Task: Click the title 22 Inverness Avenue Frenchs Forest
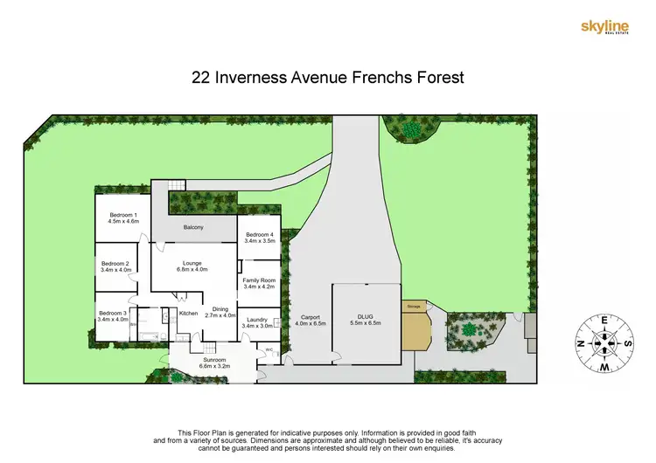click(327, 77)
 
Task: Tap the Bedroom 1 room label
click(123, 215)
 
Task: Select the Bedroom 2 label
click(115, 264)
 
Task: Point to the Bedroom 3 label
click(113, 314)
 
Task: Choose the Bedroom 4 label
click(260, 235)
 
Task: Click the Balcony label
click(193, 228)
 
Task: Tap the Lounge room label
click(192, 262)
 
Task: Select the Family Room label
click(260, 280)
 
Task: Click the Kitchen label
click(188, 314)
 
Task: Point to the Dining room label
click(220, 309)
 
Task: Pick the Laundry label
click(256, 320)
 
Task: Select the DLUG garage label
click(366, 320)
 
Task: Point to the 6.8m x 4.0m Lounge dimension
click(192, 269)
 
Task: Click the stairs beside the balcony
click(177, 185)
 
